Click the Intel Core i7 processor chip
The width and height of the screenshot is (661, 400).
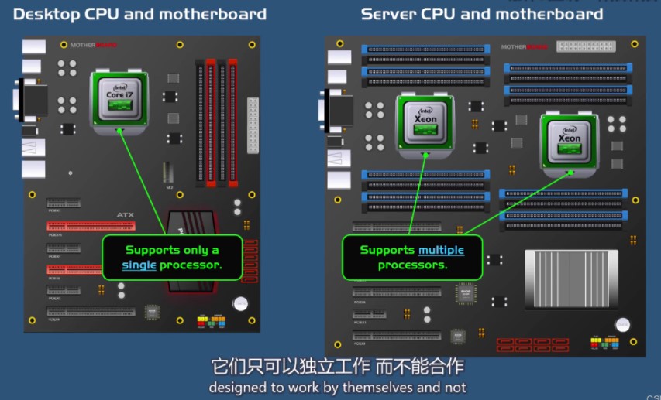pyautogui.click(x=120, y=98)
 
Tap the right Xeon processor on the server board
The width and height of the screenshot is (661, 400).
pyautogui.click(x=570, y=140)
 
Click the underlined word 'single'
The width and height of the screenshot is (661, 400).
pyautogui.click(x=139, y=265)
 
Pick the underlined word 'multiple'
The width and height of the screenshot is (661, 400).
pyautogui.click(x=442, y=250)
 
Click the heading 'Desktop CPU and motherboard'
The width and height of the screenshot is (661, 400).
pyautogui.click(x=140, y=14)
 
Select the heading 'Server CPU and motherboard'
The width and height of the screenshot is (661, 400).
pyautogui.click(x=481, y=14)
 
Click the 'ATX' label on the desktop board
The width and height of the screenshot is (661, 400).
pyautogui.click(x=125, y=215)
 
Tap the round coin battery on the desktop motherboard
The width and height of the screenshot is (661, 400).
pyautogui.click(x=241, y=304)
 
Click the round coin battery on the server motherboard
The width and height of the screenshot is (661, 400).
pyautogui.click(x=621, y=325)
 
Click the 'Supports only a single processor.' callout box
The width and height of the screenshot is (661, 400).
pyautogui.click(x=172, y=258)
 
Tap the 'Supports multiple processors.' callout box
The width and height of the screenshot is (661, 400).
pyautogui.click(x=412, y=258)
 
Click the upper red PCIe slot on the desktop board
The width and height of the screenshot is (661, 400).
pyautogui.click(x=91, y=227)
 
